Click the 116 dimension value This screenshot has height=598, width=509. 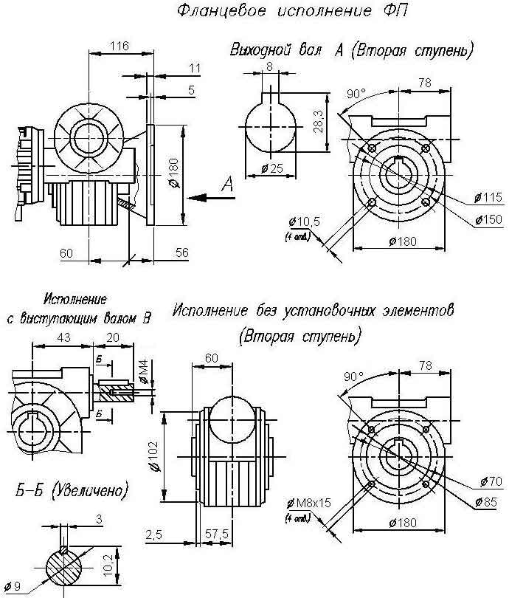coord(119,46)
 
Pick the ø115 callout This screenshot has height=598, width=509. coord(488,197)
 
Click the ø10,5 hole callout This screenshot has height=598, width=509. coord(299,222)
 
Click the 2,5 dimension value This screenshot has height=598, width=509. coord(154,534)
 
